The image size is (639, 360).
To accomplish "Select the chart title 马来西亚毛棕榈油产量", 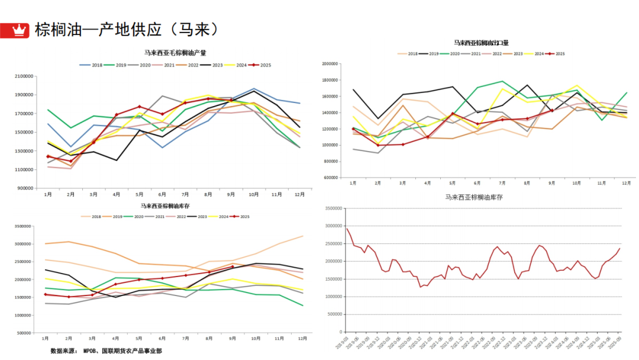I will [175, 53].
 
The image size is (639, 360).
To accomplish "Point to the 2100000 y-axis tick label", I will [24, 76].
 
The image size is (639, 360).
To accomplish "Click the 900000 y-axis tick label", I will [25, 188].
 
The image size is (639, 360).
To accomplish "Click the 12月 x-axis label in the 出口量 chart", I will [626, 184].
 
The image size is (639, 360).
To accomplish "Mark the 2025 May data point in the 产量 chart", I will [140, 107].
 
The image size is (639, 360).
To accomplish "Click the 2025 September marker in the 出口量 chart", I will [552, 110].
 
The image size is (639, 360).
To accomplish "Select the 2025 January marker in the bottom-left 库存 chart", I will [46, 294].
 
